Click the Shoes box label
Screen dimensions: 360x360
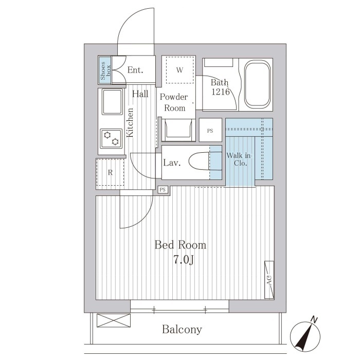[x=105, y=70]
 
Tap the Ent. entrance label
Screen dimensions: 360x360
[x=135, y=70]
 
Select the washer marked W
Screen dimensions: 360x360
[x=180, y=69]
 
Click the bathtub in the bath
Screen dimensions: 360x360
[x=257, y=84]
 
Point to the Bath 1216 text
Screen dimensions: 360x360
[x=220, y=87]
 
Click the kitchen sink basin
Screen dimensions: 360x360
[x=112, y=102]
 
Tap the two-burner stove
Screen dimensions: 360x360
[x=111, y=138]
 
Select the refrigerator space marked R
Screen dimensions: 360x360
[x=110, y=172]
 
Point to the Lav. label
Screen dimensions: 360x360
[x=172, y=163]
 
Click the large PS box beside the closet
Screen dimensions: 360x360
[x=210, y=130]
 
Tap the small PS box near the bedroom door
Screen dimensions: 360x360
[x=163, y=190]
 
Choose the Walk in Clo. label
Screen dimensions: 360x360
[x=239, y=159]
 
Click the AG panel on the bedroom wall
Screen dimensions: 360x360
[x=269, y=280]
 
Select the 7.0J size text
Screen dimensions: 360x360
[x=184, y=261]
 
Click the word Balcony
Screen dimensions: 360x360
[x=182, y=330]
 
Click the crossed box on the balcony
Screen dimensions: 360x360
[x=114, y=320]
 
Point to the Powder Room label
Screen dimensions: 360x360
[x=174, y=102]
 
